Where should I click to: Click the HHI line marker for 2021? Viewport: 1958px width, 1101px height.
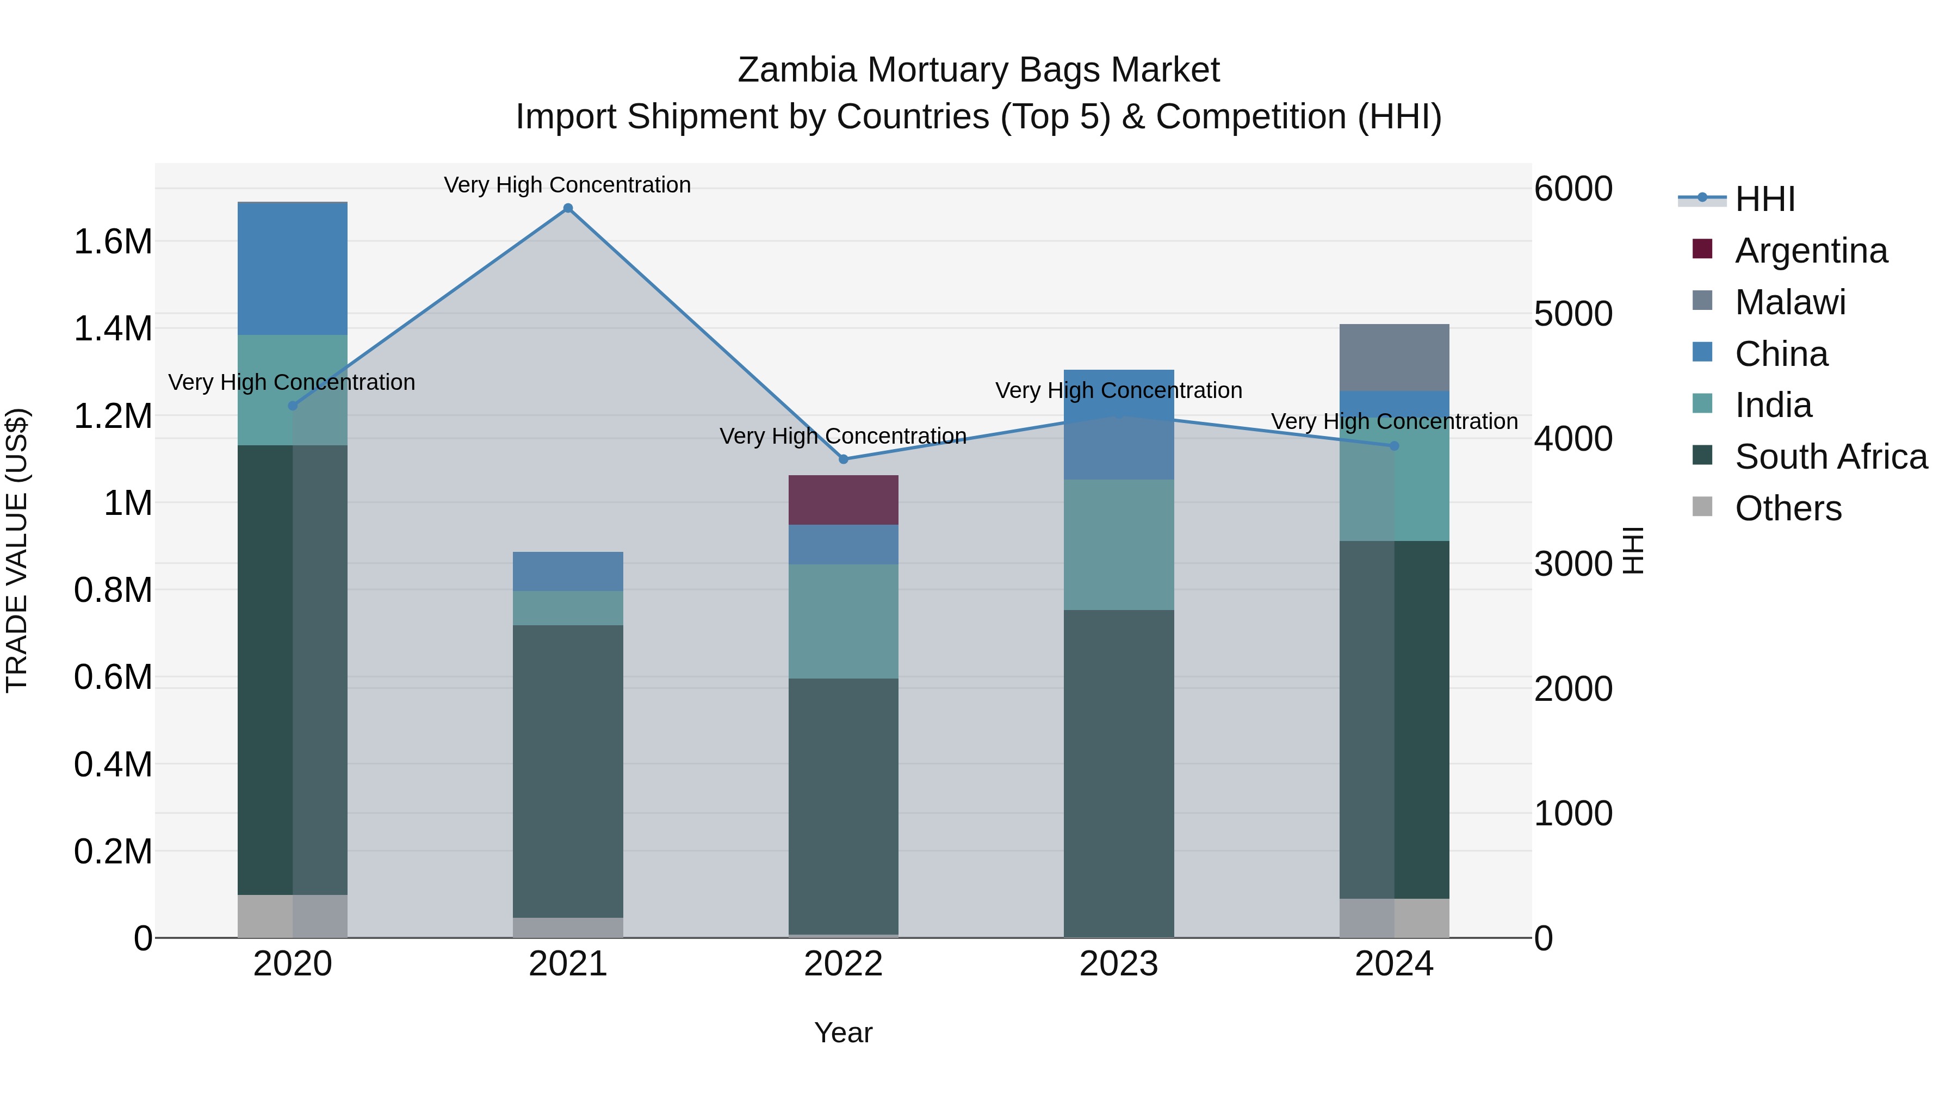(x=568, y=208)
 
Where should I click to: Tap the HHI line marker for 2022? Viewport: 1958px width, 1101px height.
(x=843, y=459)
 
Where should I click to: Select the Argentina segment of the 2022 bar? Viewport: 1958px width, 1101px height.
(x=843, y=500)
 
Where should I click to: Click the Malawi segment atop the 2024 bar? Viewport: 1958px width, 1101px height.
(x=1394, y=357)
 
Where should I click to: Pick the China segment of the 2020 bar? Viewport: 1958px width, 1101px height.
(x=293, y=268)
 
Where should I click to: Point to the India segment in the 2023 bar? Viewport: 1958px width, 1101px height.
(x=1118, y=544)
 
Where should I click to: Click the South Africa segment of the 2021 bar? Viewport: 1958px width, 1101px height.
(x=568, y=770)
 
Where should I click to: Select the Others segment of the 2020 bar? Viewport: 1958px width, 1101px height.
(x=293, y=916)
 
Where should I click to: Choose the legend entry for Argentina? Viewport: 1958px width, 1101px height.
(x=1811, y=251)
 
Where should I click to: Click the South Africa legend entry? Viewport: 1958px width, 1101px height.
(x=1830, y=457)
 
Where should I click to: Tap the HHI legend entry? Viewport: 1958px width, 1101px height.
(x=1765, y=199)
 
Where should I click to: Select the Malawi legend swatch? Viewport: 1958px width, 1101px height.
(x=1702, y=301)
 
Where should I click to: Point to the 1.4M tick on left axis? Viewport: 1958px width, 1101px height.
(x=113, y=329)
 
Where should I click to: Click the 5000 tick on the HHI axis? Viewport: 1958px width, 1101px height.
(x=1572, y=314)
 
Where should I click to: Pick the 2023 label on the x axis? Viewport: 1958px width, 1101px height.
(x=1118, y=964)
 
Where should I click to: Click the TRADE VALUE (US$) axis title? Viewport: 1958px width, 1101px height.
(x=17, y=550)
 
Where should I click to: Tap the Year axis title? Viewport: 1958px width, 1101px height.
(x=843, y=1032)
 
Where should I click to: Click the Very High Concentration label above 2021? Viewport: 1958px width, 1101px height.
(x=567, y=185)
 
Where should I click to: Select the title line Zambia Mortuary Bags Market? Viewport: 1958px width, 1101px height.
(x=978, y=70)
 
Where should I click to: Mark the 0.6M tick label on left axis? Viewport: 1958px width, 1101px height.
(x=113, y=677)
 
